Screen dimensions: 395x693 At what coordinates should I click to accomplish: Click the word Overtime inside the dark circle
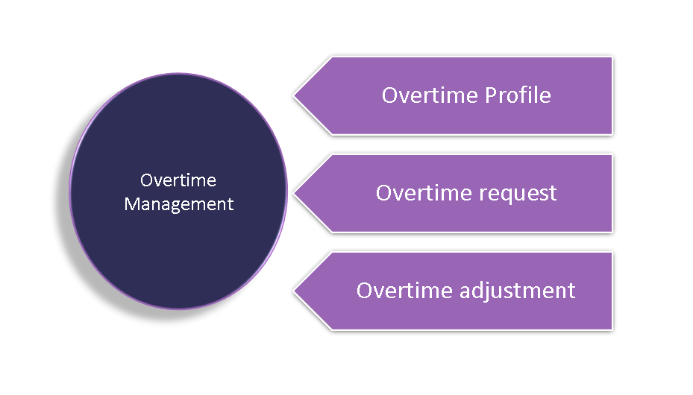[178, 180]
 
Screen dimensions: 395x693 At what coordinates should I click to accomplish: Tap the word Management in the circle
[179, 203]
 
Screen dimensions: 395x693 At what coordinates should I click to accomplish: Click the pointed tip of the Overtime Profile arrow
[295, 95]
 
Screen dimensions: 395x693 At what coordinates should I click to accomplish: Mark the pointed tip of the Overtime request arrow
[295, 193]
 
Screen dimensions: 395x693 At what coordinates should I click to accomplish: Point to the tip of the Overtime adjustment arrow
[295, 291]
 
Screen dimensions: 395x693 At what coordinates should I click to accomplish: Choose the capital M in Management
[131, 203]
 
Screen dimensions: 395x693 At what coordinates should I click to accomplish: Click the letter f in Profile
[526, 95]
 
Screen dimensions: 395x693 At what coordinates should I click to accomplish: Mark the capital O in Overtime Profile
[390, 95]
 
